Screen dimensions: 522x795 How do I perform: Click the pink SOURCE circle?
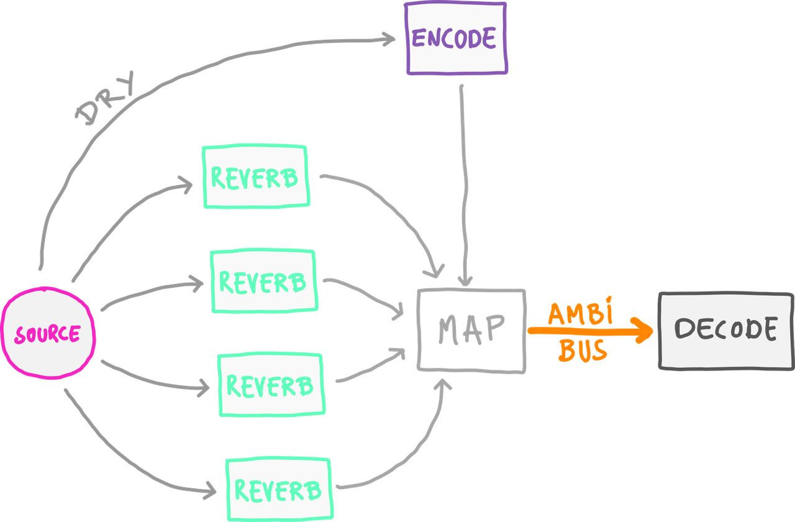point(48,334)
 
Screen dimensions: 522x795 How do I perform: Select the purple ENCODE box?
point(455,39)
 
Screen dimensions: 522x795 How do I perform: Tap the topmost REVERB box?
point(255,176)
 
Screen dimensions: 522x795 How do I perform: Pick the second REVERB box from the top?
point(263,282)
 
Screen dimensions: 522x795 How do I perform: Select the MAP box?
point(471,330)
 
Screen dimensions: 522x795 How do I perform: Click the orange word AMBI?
point(579,314)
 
